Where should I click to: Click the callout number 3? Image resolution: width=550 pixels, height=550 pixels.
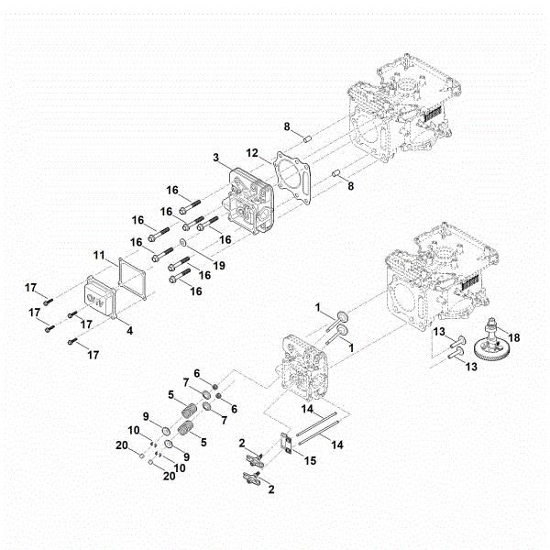click(216, 159)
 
